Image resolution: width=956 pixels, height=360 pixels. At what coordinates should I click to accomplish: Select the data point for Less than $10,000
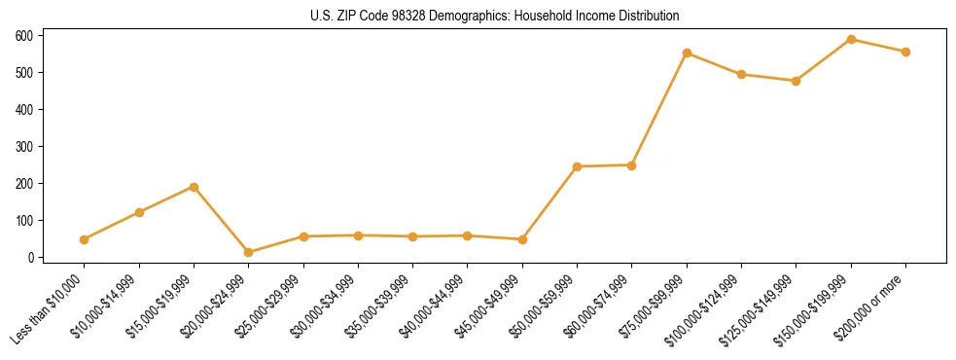tap(85, 239)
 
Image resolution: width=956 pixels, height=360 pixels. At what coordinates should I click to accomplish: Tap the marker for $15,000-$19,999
tap(195, 187)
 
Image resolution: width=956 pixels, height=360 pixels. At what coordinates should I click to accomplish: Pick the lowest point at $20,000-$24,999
tap(249, 252)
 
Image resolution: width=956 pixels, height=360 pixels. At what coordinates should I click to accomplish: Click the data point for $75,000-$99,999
tap(687, 54)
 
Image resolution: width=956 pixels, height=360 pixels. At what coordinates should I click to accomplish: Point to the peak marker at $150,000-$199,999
tap(851, 40)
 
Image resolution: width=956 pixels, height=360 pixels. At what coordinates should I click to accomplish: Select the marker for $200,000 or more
tap(905, 52)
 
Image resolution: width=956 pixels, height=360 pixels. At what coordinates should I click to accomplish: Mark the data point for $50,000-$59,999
tap(578, 166)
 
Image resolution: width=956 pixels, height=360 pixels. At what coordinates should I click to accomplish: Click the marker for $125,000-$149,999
tap(797, 81)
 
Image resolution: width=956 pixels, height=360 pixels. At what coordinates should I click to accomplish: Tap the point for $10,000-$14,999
tap(139, 212)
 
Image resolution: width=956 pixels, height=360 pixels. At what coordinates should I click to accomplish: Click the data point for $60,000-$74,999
tap(632, 165)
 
